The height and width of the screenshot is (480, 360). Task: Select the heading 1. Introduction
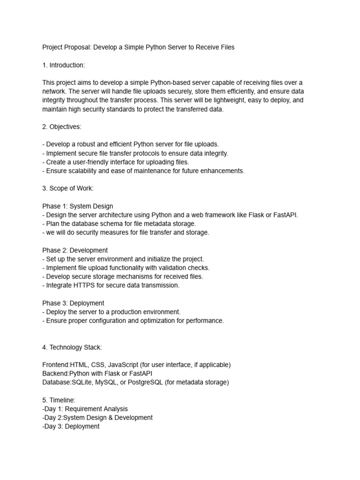coord(64,65)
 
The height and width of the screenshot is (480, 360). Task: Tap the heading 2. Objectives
coord(62,127)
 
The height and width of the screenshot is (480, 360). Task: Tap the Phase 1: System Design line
coord(77,206)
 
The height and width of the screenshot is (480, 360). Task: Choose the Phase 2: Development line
coord(75,250)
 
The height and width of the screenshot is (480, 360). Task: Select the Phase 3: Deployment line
coord(73,303)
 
